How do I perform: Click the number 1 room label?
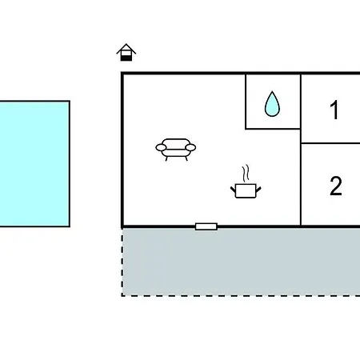pos(334,110)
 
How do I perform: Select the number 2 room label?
pos(336,186)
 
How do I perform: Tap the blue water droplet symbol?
pos(272,104)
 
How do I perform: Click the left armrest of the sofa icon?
pos(161,147)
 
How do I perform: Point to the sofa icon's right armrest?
pos(190,147)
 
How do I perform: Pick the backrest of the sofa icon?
pos(176,142)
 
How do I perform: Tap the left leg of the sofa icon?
pos(166,158)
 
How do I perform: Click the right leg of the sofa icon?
pos(186,158)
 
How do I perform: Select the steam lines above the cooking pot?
pos(246,174)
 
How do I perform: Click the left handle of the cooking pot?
pos(233,190)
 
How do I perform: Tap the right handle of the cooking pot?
pos(258,190)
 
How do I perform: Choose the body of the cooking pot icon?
pos(246,191)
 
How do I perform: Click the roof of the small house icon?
pos(126,49)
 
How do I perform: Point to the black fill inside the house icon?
pos(126,58)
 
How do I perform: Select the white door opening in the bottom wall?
pos(206,226)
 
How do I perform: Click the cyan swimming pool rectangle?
pos(34,164)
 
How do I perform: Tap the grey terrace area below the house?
pos(241,262)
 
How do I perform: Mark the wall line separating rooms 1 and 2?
pos(330,143)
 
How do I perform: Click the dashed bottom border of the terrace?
pos(241,295)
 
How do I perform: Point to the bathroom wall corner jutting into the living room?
pos(246,129)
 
